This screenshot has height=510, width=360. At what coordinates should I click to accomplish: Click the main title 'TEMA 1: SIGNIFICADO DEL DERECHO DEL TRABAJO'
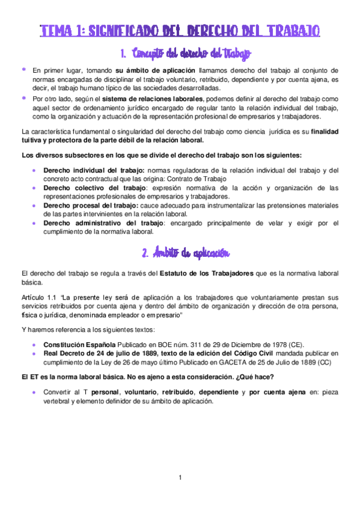[180, 31]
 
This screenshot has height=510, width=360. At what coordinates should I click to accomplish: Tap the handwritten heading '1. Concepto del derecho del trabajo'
[180, 55]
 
